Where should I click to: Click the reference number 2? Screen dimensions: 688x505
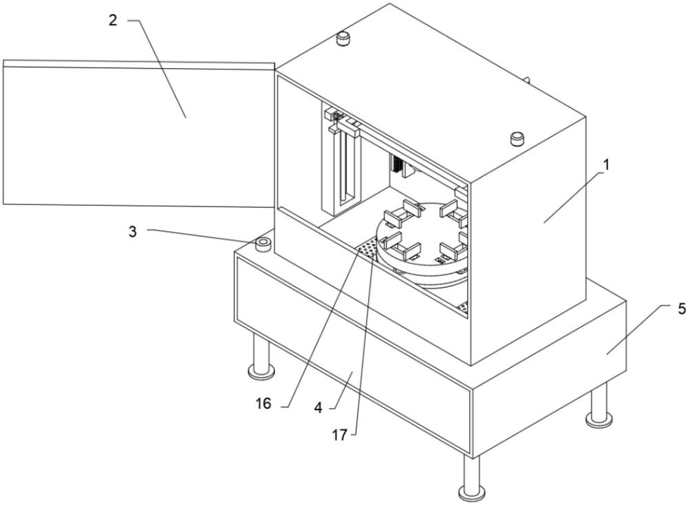(x=114, y=20)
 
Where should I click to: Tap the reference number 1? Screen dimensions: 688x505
(x=606, y=165)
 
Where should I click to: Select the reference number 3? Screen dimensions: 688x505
(x=133, y=231)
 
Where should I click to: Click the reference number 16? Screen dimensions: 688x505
(x=264, y=403)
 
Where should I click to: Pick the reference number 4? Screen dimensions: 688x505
(x=319, y=408)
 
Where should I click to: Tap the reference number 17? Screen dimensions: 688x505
(x=339, y=435)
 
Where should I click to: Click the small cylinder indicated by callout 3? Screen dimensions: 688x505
(x=264, y=245)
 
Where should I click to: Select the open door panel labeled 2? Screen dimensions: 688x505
(x=139, y=133)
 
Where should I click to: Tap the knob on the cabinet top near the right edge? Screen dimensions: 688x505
(x=518, y=139)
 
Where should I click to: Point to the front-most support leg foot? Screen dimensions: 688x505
(x=471, y=493)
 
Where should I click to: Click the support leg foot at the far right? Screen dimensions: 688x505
(x=599, y=420)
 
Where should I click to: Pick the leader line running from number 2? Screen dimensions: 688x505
(x=158, y=68)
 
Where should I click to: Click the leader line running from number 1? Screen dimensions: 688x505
(x=574, y=197)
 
